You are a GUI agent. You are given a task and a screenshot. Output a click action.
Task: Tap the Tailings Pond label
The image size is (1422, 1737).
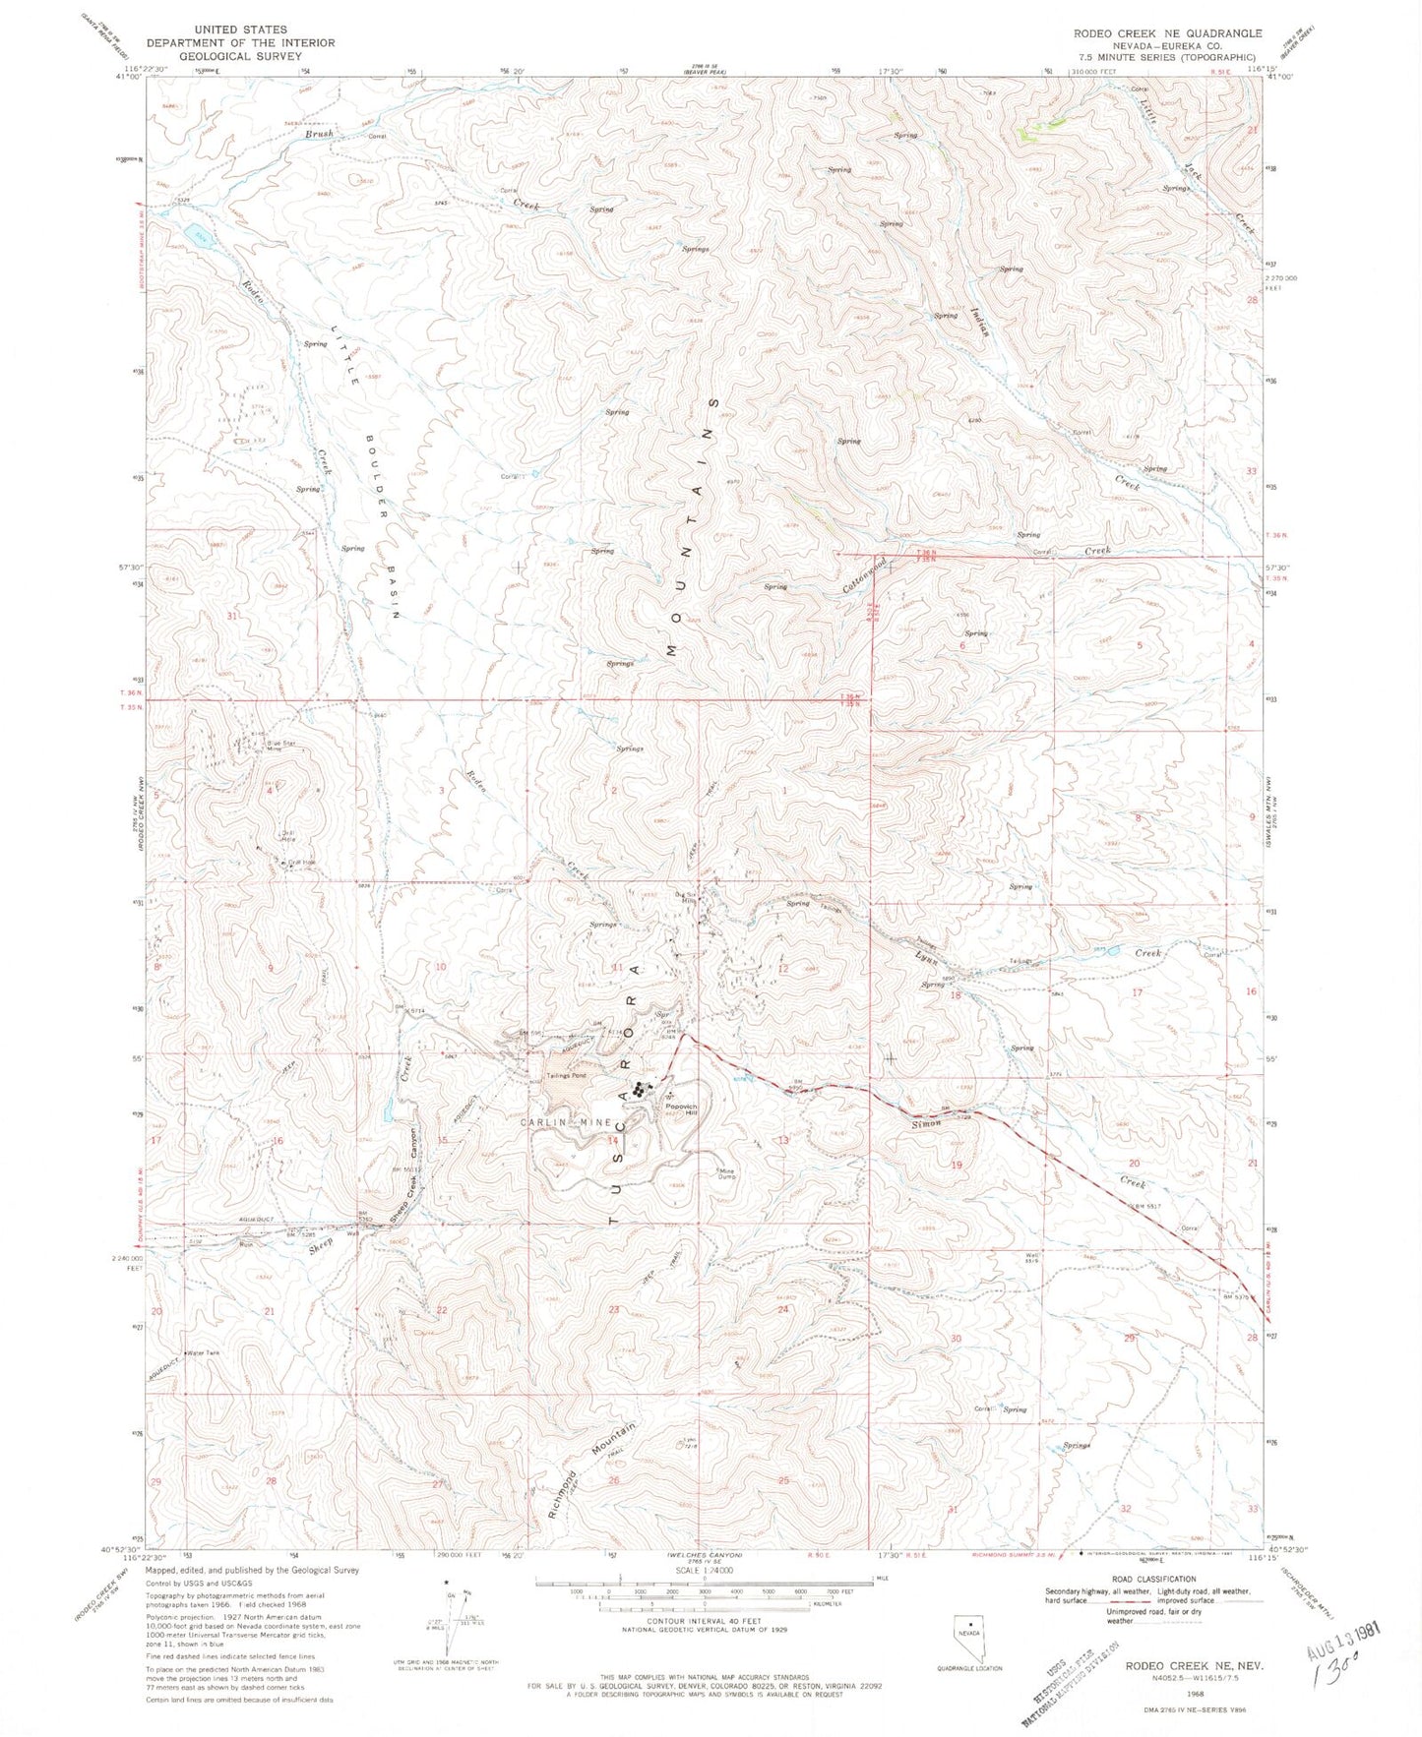coord(566,1076)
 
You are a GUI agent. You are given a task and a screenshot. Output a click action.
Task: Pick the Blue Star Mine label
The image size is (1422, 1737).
coord(269,746)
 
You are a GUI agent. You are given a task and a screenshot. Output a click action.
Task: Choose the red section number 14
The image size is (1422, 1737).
coord(612,1140)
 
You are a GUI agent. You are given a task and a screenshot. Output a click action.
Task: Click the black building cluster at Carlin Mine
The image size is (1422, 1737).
coord(642,1088)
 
